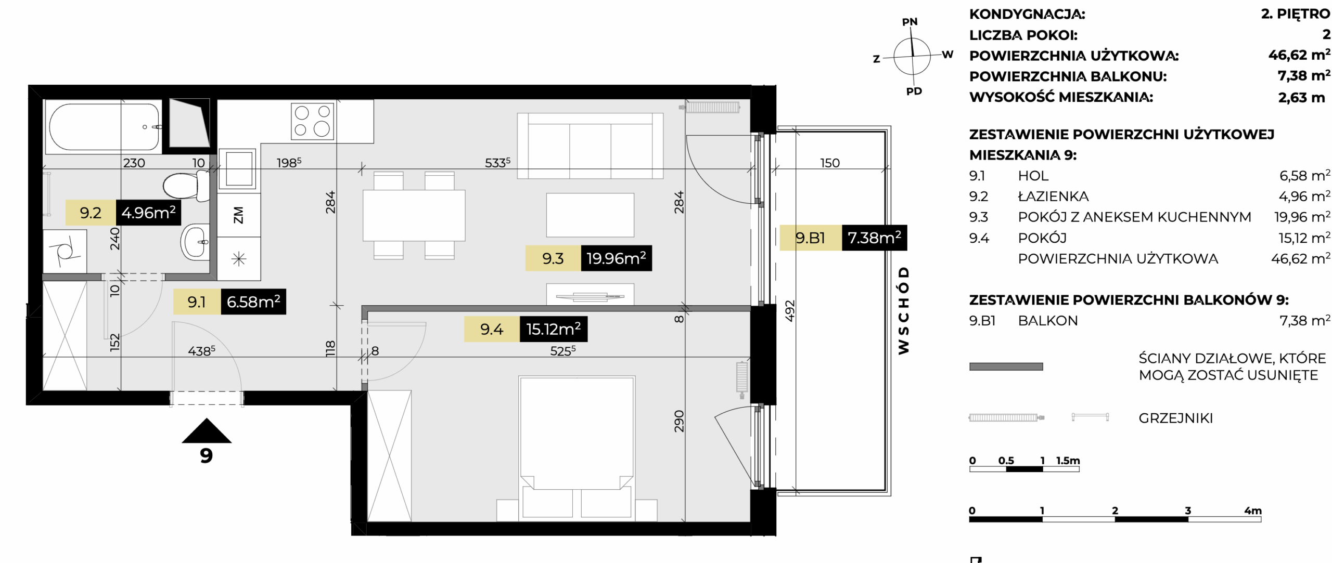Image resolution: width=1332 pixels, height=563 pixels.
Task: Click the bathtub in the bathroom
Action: pos(104,126)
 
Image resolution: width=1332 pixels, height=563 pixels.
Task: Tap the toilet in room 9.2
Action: pos(186,186)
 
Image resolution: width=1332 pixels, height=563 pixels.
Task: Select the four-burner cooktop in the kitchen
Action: pos(312,121)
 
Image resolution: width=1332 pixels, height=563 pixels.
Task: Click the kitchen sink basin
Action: pos(238,168)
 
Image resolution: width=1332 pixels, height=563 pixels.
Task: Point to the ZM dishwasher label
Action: pos(238,215)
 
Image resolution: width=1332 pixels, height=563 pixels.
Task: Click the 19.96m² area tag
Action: pos(616,258)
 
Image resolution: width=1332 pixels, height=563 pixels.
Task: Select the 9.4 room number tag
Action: pos(492,329)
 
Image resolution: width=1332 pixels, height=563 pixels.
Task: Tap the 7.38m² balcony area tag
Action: pos(874,238)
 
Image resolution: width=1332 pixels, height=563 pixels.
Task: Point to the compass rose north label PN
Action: pos(910,22)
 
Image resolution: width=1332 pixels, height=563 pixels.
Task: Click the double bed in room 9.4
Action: pos(577,448)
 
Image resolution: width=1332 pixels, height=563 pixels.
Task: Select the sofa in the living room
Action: pos(590,146)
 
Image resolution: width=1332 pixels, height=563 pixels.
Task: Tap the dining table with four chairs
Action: pos(414,215)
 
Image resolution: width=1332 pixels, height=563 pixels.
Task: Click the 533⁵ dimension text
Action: pos(497,162)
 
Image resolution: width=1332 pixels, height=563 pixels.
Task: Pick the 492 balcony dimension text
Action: pos(790,311)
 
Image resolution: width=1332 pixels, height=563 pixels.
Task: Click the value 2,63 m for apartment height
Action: pos(1301,97)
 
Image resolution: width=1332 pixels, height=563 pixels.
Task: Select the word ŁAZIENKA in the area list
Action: pos(1053,197)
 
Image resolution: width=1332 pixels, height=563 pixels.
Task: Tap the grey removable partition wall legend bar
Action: pos(1006,366)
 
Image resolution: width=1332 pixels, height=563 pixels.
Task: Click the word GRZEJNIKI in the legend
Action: pos(1175,418)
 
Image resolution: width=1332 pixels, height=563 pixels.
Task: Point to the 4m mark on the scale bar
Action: pos(1253,510)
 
